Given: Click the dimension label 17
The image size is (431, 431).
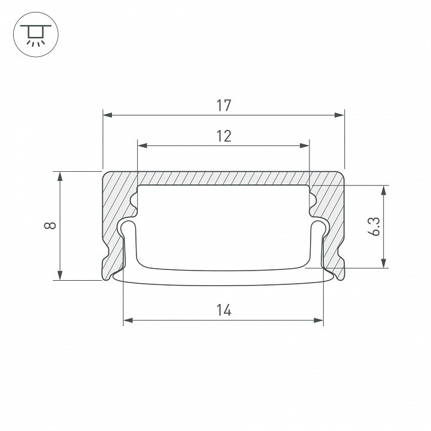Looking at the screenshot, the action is [x=224, y=106].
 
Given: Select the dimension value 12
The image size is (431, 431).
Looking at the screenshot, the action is [x=224, y=136].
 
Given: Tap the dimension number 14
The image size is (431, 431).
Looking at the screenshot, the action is [x=224, y=310].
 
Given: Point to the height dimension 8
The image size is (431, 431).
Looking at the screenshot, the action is [x=50, y=226].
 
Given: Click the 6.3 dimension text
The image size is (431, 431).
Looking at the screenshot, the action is [x=374, y=226].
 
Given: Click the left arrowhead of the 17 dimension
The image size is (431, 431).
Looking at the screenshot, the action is [x=108, y=115].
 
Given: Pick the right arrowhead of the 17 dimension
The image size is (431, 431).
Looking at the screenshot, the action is [x=340, y=115].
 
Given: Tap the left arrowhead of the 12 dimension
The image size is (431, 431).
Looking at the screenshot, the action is [x=142, y=145].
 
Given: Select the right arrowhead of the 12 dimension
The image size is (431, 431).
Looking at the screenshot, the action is [x=305, y=145].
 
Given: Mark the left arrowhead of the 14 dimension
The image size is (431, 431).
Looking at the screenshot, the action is [x=128, y=320].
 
